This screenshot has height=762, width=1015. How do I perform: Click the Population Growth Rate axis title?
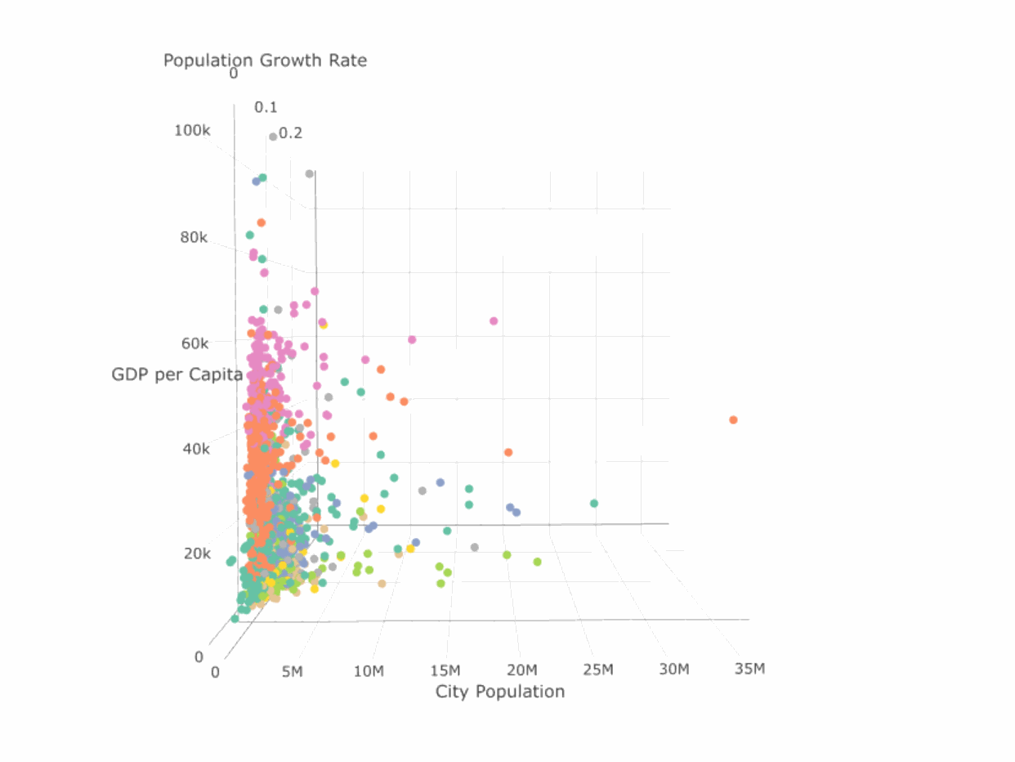coord(265,60)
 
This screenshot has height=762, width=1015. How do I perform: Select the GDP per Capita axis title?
coord(177,375)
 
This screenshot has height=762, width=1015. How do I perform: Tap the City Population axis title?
coord(500,692)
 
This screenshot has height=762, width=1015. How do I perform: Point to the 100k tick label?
coord(192,130)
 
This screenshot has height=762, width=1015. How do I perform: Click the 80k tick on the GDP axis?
coord(195,238)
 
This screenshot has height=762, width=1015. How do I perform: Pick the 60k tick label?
coord(195,343)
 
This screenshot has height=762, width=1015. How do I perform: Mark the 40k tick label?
coord(195,449)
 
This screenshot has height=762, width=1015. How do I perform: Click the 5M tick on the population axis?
coord(293,671)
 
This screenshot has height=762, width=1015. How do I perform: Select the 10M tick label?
coord(369,671)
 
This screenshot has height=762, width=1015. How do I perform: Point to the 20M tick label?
coord(521,670)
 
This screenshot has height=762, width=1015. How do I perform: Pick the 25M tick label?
coord(597,670)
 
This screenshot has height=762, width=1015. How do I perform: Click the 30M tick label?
coord(674,670)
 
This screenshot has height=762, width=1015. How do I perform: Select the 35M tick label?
coord(749,670)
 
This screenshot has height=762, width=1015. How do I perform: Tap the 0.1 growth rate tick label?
coord(266,107)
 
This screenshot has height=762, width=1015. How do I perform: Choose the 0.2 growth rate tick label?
coord(291,132)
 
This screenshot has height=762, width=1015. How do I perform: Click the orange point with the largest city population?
coord(733,419)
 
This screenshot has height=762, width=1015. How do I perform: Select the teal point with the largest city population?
coord(594,503)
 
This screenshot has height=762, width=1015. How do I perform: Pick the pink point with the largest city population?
coord(494,320)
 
